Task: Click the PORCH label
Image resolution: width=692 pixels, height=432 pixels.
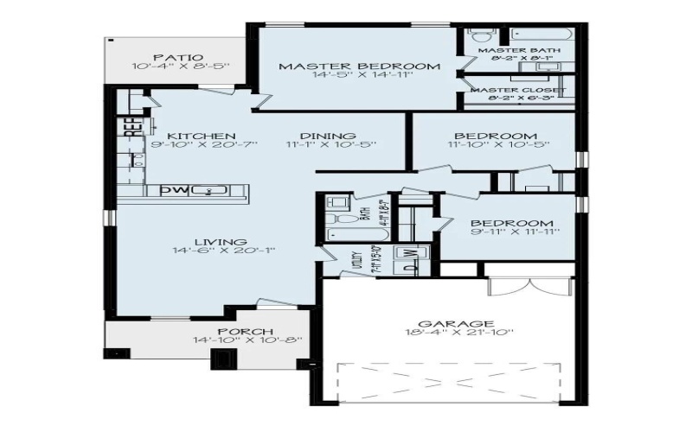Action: click(x=246, y=331)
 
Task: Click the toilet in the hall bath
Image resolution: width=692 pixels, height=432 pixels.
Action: click(x=337, y=205)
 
